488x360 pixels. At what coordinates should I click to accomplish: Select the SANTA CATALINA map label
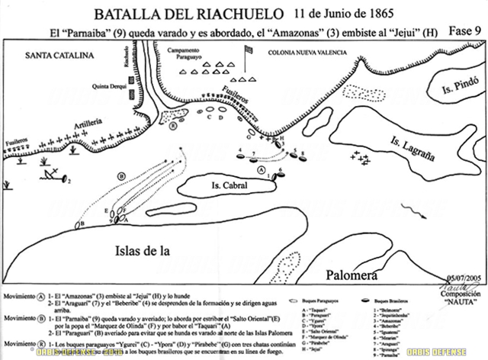[x=58, y=56]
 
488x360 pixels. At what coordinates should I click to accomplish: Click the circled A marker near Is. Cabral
[x=262, y=172]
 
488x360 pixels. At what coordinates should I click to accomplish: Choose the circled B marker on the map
[x=120, y=175]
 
